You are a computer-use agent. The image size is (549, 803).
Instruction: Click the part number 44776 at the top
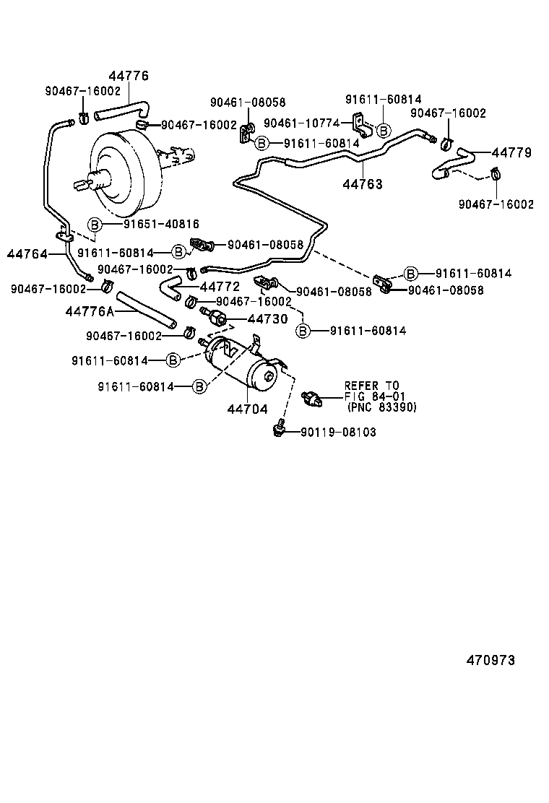pos(129,76)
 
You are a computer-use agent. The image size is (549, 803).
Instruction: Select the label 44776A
pos(90,311)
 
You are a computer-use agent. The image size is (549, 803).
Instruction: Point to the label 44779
pos(511,152)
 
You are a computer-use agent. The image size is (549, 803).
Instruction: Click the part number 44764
pos(27,253)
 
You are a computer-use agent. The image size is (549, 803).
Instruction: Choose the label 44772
pos(220,287)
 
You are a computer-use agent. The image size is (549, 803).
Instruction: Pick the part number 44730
pos(267,318)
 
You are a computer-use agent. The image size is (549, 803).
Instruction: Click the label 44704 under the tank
pos(247,409)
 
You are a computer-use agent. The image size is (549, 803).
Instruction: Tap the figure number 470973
pos(490,660)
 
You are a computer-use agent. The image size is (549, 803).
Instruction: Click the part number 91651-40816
pos(161,225)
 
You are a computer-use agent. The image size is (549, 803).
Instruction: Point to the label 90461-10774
pos(301,123)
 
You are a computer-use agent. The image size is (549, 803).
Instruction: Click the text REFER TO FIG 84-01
pos(371,391)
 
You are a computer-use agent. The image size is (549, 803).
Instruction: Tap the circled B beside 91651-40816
pos(95,225)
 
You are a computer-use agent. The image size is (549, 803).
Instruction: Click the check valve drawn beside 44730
pos(215,316)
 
